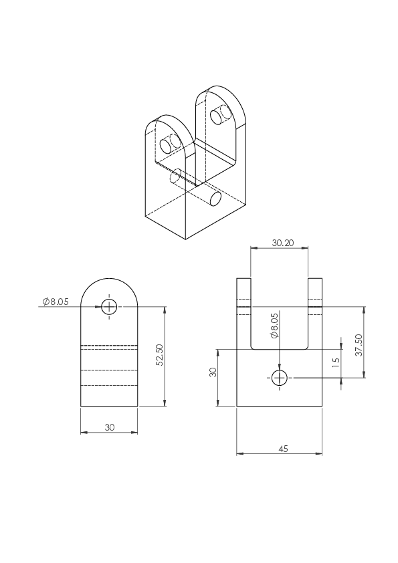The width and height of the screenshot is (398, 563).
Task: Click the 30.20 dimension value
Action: [x=283, y=243]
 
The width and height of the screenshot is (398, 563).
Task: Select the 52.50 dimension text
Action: [x=160, y=355]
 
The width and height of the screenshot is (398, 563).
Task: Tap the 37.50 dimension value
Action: [x=359, y=345]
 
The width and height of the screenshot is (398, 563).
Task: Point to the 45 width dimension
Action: [x=283, y=449]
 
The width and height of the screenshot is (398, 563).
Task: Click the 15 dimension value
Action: [x=336, y=362]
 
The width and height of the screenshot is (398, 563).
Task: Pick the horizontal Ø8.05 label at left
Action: [x=56, y=302]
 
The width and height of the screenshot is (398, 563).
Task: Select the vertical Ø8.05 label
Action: [x=274, y=326]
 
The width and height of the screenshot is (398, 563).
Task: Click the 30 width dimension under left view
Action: [x=110, y=427]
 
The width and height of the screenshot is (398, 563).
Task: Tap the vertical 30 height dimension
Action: [x=213, y=372]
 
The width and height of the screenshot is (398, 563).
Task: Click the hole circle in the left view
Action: [x=109, y=307]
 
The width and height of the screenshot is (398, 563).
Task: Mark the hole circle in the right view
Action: [x=279, y=378]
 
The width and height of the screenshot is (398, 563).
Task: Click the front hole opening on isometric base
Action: [x=216, y=198]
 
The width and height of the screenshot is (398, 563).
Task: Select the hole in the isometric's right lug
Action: [x=215, y=117]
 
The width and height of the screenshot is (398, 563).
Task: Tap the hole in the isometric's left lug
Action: [x=166, y=146]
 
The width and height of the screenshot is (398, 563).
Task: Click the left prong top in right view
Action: [x=243, y=279]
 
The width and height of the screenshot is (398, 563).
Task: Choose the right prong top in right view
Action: [x=315, y=279]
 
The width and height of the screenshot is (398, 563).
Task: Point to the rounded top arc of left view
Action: [x=109, y=278]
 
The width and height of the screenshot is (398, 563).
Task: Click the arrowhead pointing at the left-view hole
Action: [x=98, y=307]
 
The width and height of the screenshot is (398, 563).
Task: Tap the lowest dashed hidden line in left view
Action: [x=109, y=386]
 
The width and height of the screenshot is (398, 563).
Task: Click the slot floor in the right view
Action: [x=279, y=349]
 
